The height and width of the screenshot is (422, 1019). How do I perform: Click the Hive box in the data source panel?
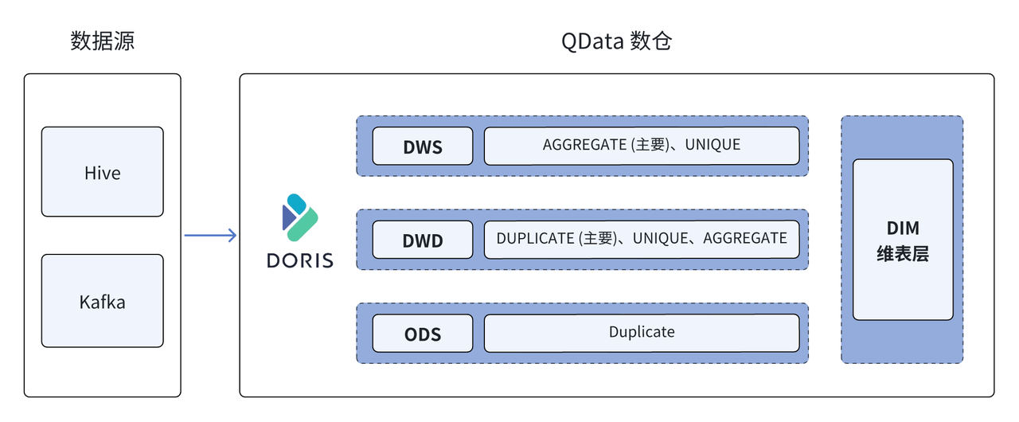[x=102, y=172]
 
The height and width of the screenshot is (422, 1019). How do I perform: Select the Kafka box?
[x=102, y=301]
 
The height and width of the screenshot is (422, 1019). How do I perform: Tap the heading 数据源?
[x=102, y=41]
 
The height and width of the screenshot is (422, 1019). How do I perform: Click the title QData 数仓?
[x=617, y=41]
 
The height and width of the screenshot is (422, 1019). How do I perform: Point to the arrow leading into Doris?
[x=210, y=235]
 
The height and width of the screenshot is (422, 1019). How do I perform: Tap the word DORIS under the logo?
[x=301, y=260]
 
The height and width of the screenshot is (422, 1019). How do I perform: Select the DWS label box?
[x=423, y=147]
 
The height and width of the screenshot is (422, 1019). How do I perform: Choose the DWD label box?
[x=423, y=240]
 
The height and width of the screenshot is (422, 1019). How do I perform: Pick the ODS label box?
[x=423, y=334]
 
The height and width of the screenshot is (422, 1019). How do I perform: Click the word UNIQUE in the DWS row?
[x=713, y=145]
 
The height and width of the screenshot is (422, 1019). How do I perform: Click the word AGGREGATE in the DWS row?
[x=584, y=145]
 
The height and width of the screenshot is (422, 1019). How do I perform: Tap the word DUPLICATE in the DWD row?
[x=536, y=238]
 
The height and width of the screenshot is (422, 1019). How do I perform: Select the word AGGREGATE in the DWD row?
[x=745, y=238]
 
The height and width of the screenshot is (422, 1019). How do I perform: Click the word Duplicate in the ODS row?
[x=642, y=332]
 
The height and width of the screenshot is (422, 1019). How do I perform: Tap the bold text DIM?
[x=903, y=229]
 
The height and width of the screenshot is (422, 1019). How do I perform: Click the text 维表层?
[x=903, y=255]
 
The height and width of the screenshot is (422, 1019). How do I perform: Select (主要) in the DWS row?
[x=649, y=145]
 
